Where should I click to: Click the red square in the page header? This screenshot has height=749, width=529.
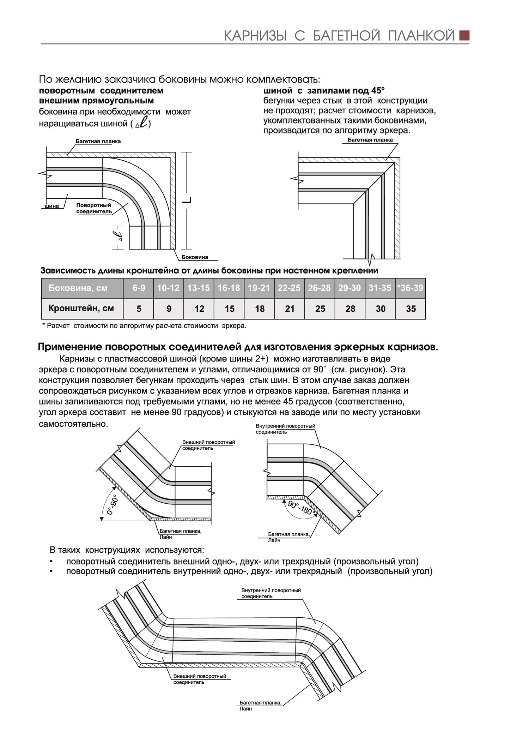(464, 36)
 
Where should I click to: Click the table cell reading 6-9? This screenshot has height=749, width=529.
(139, 288)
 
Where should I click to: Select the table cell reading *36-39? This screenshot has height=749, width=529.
(410, 288)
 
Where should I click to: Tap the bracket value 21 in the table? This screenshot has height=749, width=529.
(290, 309)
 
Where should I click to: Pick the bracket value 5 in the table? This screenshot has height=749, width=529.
(139, 309)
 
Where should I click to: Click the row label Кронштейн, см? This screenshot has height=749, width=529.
(81, 308)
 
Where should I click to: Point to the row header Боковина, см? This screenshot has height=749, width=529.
(78, 288)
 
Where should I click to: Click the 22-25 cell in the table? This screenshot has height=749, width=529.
(289, 288)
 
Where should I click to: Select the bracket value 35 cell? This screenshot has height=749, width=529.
(411, 309)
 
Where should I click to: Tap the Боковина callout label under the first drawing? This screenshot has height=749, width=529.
(195, 257)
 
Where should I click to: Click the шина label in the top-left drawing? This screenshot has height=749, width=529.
(52, 206)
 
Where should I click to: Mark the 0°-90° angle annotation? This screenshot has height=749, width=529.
(112, 505)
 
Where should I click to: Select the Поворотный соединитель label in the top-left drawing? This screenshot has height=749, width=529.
(94, 208)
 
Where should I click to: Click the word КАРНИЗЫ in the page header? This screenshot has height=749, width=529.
(255, 36)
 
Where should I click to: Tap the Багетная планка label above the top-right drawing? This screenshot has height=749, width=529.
(370, 140)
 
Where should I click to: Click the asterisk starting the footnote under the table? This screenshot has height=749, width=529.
(43, 325)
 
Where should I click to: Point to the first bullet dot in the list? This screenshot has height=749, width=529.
(51, 561)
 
